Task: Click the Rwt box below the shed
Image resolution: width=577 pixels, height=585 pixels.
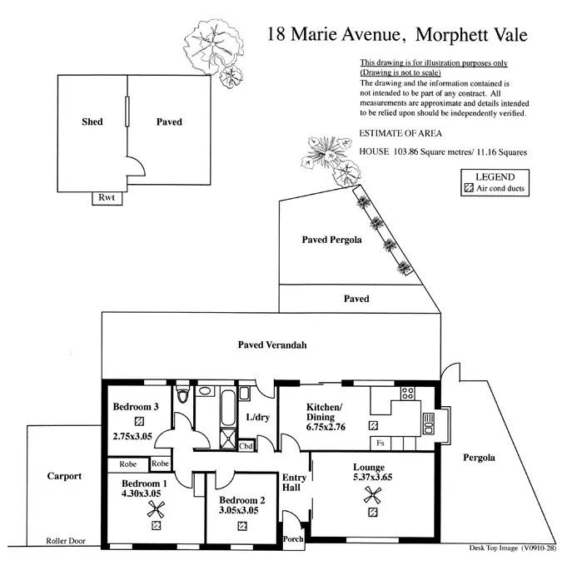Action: [x=106, y=197]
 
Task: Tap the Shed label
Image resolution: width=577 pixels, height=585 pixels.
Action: [x=92, y=122]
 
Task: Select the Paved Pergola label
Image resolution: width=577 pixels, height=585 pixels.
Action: [x=331, y=240]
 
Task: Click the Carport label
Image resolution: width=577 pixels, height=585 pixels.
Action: [x=64, y=477]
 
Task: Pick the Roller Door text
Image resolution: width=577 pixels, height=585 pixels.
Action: [x=66, y=541]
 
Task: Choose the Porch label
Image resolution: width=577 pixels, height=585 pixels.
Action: [x=293, y=538]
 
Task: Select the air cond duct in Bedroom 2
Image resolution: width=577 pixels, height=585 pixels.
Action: [x=241, y=527]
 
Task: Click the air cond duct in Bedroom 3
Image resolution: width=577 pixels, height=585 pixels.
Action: [x=139, y=421]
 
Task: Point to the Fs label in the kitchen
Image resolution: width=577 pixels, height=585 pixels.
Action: [x=380, y=443]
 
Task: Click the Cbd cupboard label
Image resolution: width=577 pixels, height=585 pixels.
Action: [x=246, y=446]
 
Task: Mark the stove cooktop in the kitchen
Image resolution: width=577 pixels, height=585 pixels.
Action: [x=409, y=393]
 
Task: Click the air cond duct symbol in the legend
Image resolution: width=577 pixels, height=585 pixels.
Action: [x=467, y=189]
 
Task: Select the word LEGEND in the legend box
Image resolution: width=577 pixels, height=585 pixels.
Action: [x=495, y=176]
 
